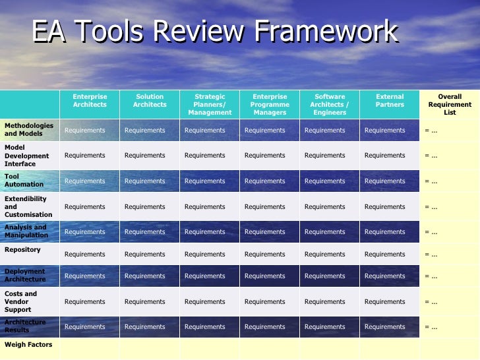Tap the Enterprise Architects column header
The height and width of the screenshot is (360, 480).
[x=90, y=101]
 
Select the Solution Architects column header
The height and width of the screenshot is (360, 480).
[x=150, y=101]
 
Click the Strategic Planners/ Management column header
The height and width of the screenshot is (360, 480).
[x=210, y=105]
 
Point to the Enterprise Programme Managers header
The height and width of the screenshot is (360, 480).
[x=270, y=105]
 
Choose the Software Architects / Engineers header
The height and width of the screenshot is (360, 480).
[x=330, y=105]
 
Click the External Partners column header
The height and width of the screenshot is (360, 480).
[x=390, y=101]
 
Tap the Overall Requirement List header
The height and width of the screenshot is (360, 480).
[x=450, y=105]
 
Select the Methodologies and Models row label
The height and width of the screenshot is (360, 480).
[x=29, y=129]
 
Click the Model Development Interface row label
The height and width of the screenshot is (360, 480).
[x=27, y=156]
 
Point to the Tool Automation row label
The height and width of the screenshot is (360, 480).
[x=24, y=181]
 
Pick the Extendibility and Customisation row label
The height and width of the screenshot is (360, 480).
[x=28, y=206]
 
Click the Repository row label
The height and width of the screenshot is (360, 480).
[x=22, y=250]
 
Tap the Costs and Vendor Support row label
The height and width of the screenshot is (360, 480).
[x=21, y=301]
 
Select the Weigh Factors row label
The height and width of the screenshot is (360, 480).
[x=28, y=345]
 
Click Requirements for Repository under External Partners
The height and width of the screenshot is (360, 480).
[x=385, y=255]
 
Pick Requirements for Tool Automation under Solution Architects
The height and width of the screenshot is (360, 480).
[x=145, y=181]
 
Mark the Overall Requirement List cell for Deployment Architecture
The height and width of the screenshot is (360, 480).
[x=431, y=277]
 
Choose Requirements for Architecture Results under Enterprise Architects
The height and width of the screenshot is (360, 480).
[x=85, y=327]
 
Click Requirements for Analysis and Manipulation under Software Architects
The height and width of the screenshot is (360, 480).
[x=325, y=232]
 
